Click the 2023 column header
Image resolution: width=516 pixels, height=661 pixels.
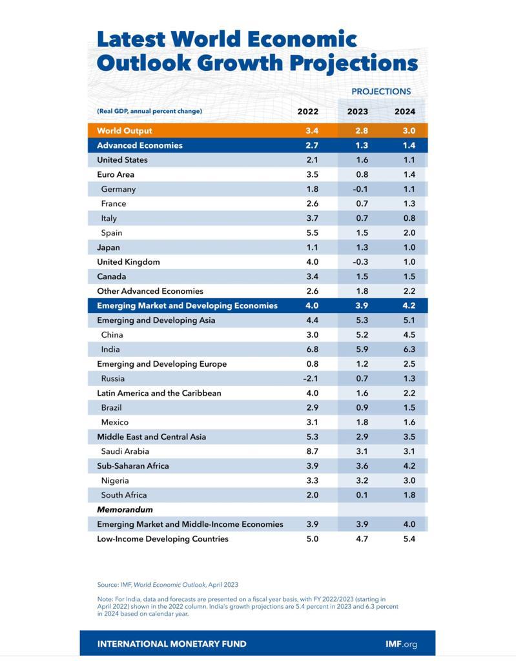pos(357,111)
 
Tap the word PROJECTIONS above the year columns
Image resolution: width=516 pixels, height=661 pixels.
pos(381,92)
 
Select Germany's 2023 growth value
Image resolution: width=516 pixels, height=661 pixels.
pos(360,189)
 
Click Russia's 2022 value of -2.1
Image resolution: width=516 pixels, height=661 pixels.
pos(311,378)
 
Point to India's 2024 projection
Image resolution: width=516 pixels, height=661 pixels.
pos(409,349)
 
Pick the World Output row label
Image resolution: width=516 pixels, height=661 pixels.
pos(125,130)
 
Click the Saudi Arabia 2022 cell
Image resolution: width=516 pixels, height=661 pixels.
pos(312,451)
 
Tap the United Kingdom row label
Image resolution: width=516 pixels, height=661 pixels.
pos(129,262)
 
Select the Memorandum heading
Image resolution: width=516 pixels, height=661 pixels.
pos(125,510)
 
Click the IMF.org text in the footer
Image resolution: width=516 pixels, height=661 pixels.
pos(401,644)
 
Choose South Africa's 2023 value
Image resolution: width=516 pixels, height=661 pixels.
pos(362,495)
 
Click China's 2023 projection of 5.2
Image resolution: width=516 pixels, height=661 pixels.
pos(362,335)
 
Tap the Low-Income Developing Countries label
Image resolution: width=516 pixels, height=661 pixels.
pos(163,539)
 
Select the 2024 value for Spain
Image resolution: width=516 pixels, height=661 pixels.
pos(409,232)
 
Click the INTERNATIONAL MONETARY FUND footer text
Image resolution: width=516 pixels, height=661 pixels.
pos(172,644)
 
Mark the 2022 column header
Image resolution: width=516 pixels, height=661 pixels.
pos(307,111)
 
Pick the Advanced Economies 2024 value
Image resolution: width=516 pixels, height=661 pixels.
pos(409,145)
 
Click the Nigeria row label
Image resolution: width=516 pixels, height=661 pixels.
pos(115,480)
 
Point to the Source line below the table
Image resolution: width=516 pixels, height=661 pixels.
pos(167,585)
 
